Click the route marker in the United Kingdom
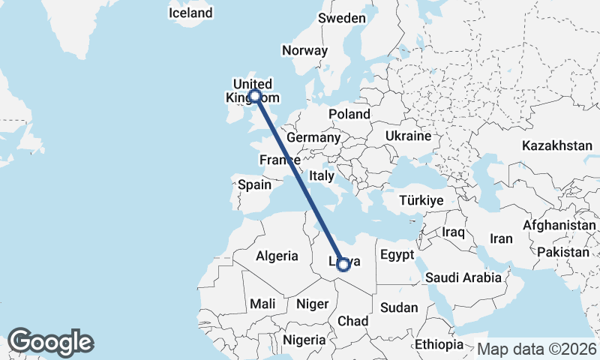(255, 95)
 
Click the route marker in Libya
(343, 264)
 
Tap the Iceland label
(190, 13)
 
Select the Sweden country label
(342, 18)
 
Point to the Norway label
(304, 51)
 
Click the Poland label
(349, 114)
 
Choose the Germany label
(313, 138)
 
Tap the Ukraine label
(408, 136)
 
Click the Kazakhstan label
(558, 145)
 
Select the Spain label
(254, 184)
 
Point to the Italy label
(322, 175)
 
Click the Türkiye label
(421, 200)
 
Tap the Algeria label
(277, 256)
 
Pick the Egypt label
(397, 255)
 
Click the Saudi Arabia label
(463, 278)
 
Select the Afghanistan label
(559, 225)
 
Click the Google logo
(50, 342)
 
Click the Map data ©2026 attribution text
(536, 349)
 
